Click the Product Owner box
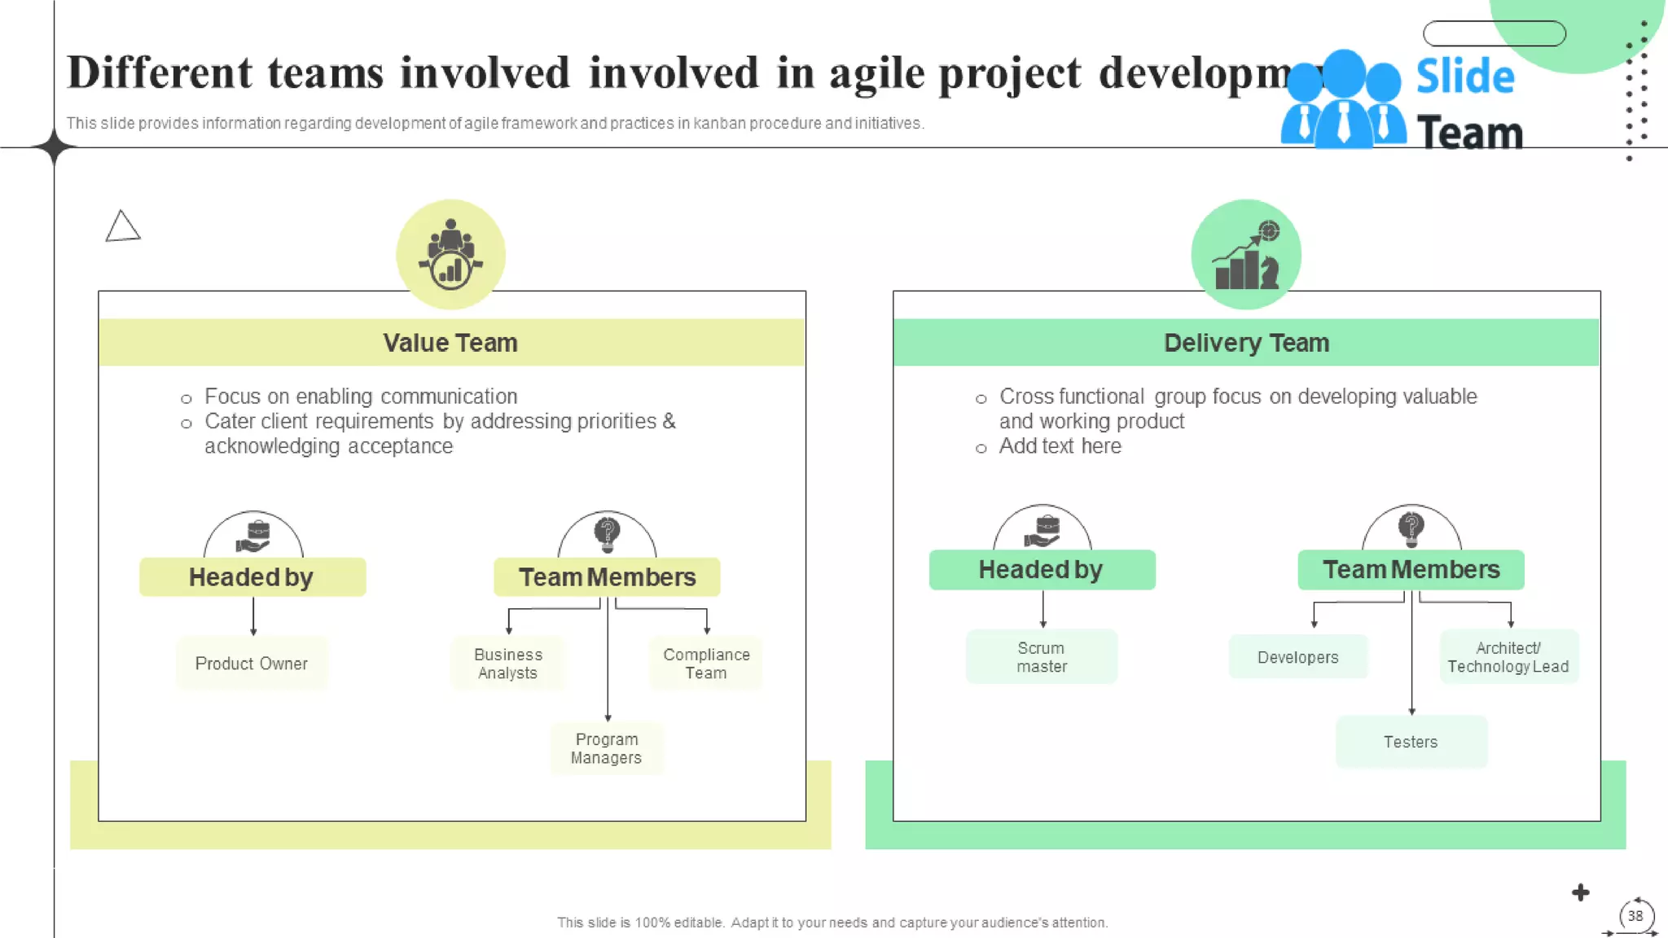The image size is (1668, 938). coord(252,664)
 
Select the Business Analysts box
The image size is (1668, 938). coord(508,664)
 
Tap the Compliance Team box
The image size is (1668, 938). coord(706,664)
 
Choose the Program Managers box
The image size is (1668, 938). coord(607,748)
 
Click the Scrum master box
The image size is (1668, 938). coord(1042,657)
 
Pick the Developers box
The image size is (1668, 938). coord(1298,657)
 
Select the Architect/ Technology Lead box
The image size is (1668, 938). coord(1508,657)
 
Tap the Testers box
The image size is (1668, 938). coord(1411,742)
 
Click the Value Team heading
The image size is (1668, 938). coord(450,343)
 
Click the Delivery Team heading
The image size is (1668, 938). coord(1246,343)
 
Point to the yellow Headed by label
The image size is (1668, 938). coord(252,577)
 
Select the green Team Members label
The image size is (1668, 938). coord(1411,570)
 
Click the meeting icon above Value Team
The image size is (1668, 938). coord(451,254)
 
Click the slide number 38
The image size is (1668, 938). coord(1635,916)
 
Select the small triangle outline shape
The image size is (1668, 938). coord(122,226)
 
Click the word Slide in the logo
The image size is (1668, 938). coord(1465,77)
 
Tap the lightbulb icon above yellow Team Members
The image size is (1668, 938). coord(607,534)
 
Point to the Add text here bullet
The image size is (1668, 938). coord(1060,446)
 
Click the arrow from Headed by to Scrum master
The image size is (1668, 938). coord(1043,609)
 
